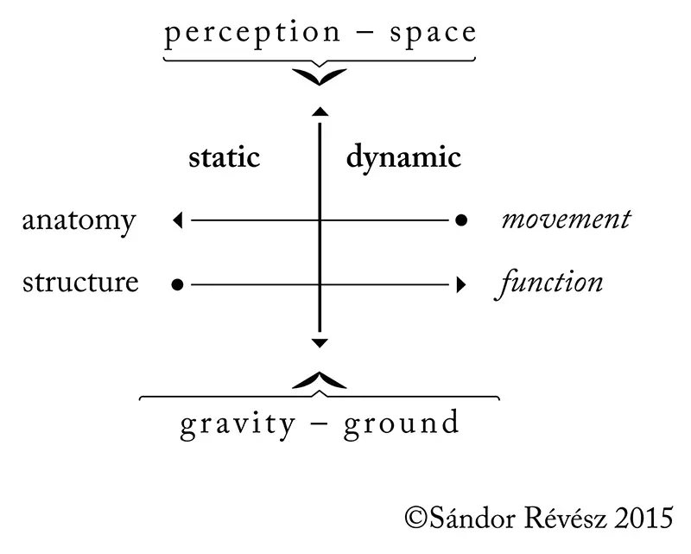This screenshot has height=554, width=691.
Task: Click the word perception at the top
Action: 239,34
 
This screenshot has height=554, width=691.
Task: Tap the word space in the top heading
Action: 433,34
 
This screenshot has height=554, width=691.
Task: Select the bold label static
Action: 224,158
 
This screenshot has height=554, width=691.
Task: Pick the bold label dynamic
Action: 403,159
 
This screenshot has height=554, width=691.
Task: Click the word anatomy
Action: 79,221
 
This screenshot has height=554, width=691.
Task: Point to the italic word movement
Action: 566,220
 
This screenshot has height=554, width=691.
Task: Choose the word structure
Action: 80,283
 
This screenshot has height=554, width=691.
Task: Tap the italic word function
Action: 549,283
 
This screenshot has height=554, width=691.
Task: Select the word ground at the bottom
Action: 402,424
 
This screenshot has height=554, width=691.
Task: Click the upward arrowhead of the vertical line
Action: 320,111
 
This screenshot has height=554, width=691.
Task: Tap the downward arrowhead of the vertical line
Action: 320,344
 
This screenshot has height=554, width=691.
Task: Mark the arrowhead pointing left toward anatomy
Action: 178,220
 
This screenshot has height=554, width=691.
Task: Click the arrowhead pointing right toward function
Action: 461,283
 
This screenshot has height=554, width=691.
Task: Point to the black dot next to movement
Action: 461,220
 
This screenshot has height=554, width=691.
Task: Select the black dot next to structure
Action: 177,283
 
